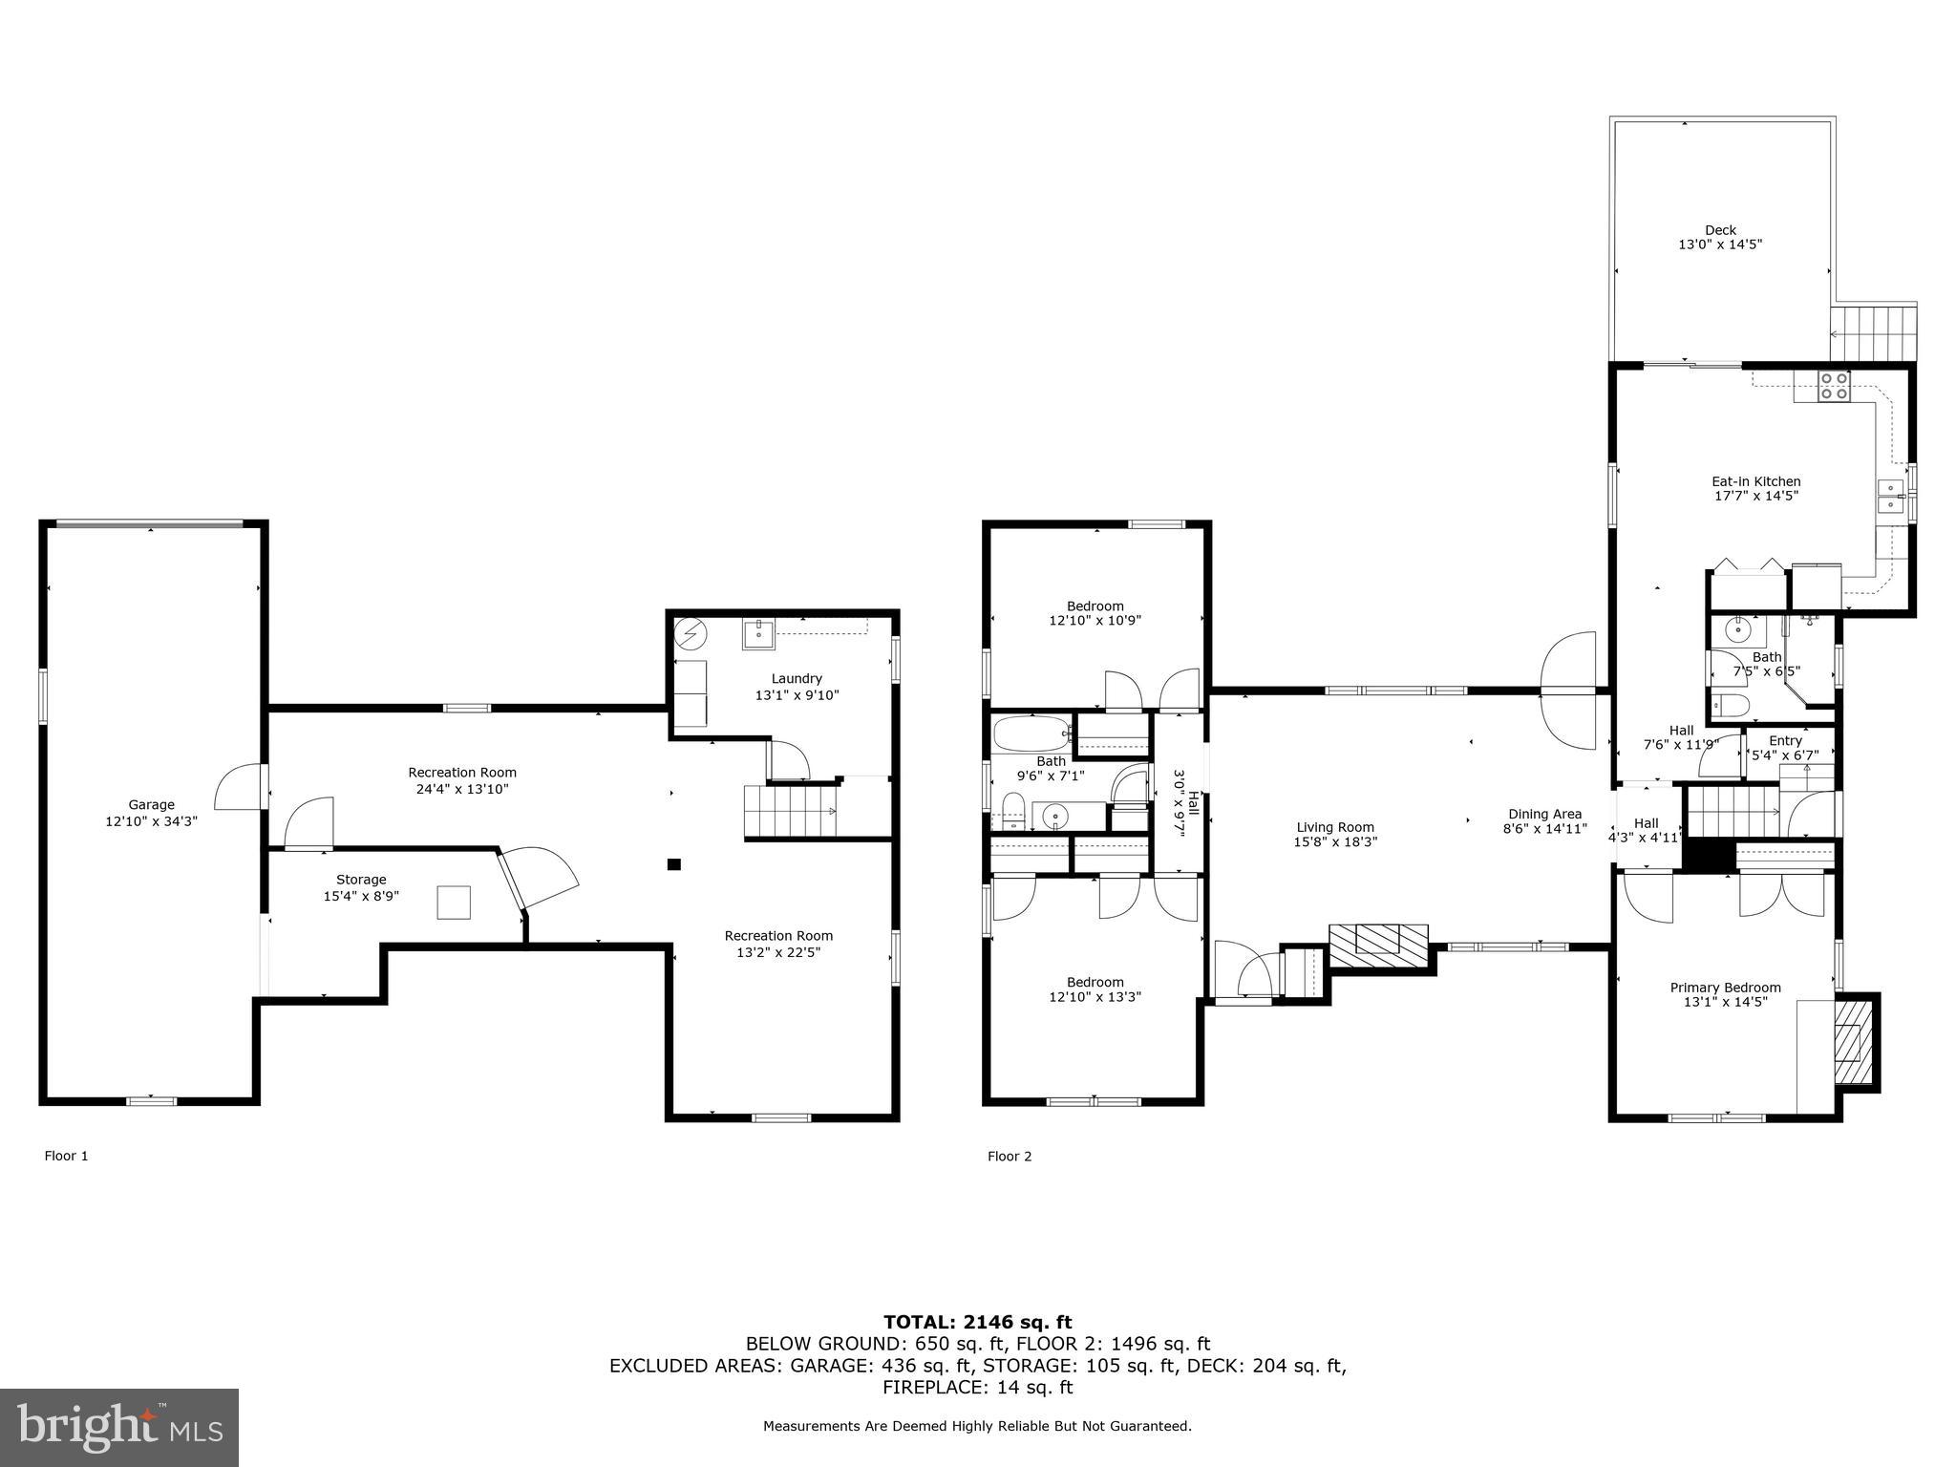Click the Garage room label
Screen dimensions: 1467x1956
coord(151,805)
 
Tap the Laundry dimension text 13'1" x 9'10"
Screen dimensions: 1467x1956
coord(797,695)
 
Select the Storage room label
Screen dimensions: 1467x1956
coord(361,880)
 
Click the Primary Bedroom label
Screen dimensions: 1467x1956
coord(1725,988)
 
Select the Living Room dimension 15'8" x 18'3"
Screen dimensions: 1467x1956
coord(1335,842)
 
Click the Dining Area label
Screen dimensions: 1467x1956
coord(1544,815)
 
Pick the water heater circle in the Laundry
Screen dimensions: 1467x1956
coord(691,633)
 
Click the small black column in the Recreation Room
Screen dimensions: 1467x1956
coord(673,864)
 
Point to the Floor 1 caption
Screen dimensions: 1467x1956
coord(66,1156)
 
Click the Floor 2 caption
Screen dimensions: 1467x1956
coord(1010,1157)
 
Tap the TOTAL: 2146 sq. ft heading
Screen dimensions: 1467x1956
coord(977,1323)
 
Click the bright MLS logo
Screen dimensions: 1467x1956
coord(119,1428)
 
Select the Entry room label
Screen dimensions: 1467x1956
coord(1785,741)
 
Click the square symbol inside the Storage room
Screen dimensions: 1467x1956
coord(454,903)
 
